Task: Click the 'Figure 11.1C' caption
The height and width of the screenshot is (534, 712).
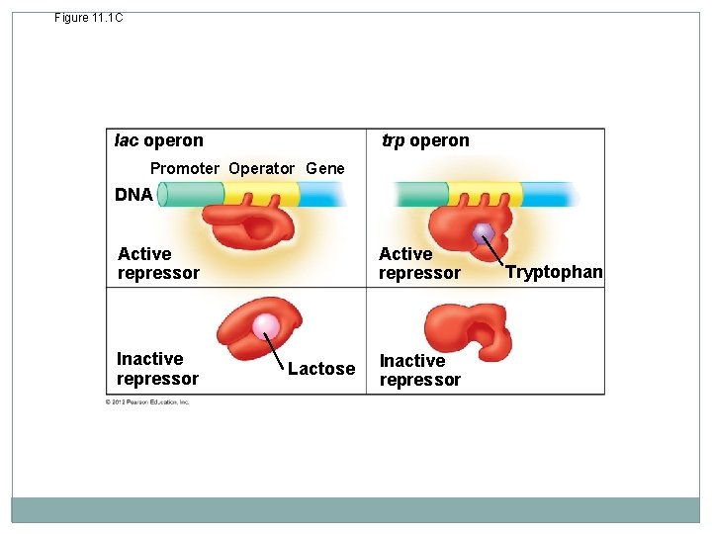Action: [x=89, y=18]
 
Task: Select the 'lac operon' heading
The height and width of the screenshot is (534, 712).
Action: [x=159, y=140]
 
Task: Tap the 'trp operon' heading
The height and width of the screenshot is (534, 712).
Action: [x=425, y=140]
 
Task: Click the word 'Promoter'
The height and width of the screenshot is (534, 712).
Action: [x=185, y=168]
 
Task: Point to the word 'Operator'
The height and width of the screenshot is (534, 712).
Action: [x=261, y=168]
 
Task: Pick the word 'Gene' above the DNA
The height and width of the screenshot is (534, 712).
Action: [x=325, y=168]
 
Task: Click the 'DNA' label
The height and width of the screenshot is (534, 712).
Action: [x=133, y=195]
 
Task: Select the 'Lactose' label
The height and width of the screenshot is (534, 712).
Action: [x=321, y=369]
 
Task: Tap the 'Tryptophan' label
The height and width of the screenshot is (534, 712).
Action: [x=554, y=272]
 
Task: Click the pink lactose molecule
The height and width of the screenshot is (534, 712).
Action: [x=265, y=326]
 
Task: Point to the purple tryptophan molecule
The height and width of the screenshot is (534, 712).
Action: [x=483, y=233]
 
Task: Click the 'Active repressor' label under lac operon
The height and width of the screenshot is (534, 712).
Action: [x=158, y=263]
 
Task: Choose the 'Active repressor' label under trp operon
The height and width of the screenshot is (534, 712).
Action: [x=419, y=263]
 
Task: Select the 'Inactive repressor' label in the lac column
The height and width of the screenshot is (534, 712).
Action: [x=157, y=368]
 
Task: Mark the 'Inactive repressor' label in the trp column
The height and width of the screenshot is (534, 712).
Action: [x=419, y=370]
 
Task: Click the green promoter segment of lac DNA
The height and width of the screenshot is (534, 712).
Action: [x=190, y=195]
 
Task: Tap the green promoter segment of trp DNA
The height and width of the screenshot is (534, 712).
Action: [x=421, y=194]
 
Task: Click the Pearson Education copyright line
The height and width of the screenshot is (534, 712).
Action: [x=147, y=401]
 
